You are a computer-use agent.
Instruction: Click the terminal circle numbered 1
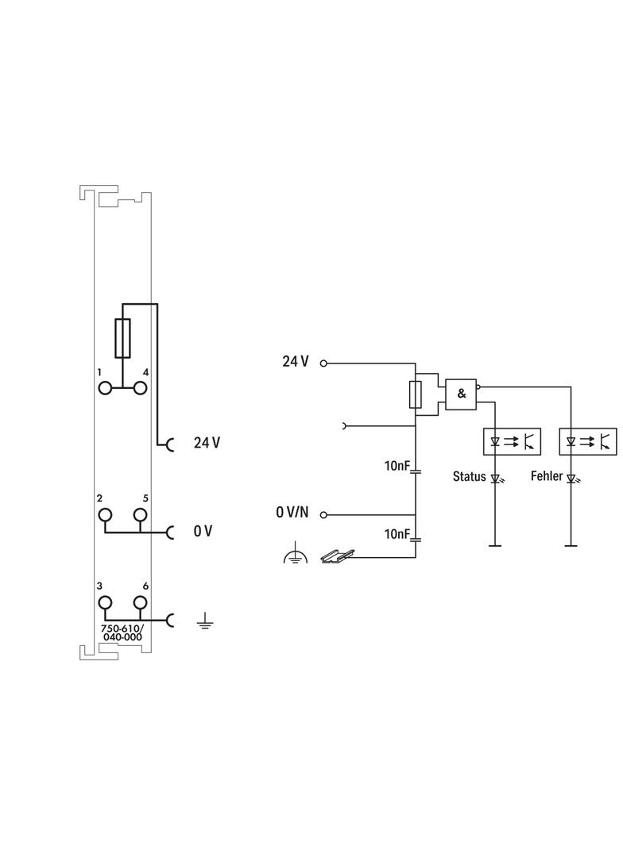pyautogui.click(x=105, y=387)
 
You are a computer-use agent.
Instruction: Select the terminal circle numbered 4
pyautogui.click(x=141, y=387)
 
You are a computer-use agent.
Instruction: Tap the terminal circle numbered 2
pyautogui.click(x=105, y=514)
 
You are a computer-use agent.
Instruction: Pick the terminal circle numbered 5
pyautogui.click(x=141, y=514)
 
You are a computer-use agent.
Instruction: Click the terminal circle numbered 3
pyautogui.click(x=105, y=603)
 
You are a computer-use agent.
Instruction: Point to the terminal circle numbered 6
pyautogui.click(x=141, y=603)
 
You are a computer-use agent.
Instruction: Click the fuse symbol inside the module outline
pyautogui.click(x=123, y=339)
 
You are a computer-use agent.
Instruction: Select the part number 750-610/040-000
pyautogui.click(x=122, y=632)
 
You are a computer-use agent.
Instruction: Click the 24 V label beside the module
pyautogui.click(x=207, y=443)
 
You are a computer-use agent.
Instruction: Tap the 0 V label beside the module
pyautogui.click(x=203, y=531)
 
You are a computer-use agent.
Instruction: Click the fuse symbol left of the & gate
pyautogui.click(x=415, y=394)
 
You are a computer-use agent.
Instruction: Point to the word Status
pyautogui.click(x=469, y=477)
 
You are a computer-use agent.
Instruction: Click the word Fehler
pyautogui.click(x=547, y=477)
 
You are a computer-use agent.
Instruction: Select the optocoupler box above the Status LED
pyautogui.click(x=513, y=440)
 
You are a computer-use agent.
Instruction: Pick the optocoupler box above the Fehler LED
pyautogui.click(x=588, y=440)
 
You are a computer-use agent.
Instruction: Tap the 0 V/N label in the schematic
pyautogui.click(x=292, y=513)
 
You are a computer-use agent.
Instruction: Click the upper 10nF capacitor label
pyautogui.click(x=396, y=466)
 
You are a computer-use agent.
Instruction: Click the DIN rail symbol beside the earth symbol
pyautogui.click(x=335, y=556)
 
